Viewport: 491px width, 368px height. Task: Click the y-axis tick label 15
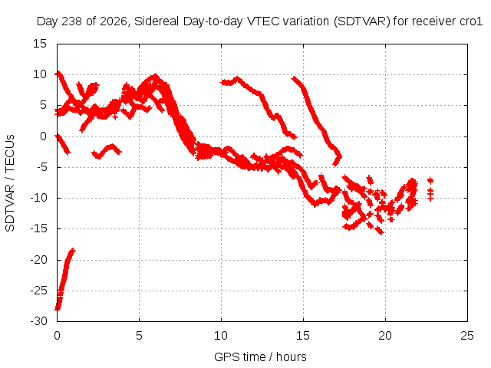point(40,44)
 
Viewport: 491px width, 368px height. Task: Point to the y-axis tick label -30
point(38,321)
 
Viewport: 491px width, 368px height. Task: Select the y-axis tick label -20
point(38,260)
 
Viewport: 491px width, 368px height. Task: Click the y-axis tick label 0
point(43,136)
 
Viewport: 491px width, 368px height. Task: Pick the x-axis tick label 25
point(467,336)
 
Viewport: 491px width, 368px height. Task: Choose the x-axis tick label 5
point(139,336)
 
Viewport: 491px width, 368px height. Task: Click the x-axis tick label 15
point(303,336)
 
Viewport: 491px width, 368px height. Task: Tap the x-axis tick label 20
point(385,336)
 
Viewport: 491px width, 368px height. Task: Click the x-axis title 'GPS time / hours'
point(260,356)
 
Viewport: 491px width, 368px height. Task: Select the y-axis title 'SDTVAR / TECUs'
point(10,183)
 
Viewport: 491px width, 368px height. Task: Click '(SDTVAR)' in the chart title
point(362,21)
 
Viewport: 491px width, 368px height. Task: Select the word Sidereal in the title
point(157,21)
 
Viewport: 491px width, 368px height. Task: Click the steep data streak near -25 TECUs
point(64,279)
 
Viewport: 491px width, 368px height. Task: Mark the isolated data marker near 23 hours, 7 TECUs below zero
point(430,180)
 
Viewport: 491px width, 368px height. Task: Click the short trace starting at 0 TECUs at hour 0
point(63,144)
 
